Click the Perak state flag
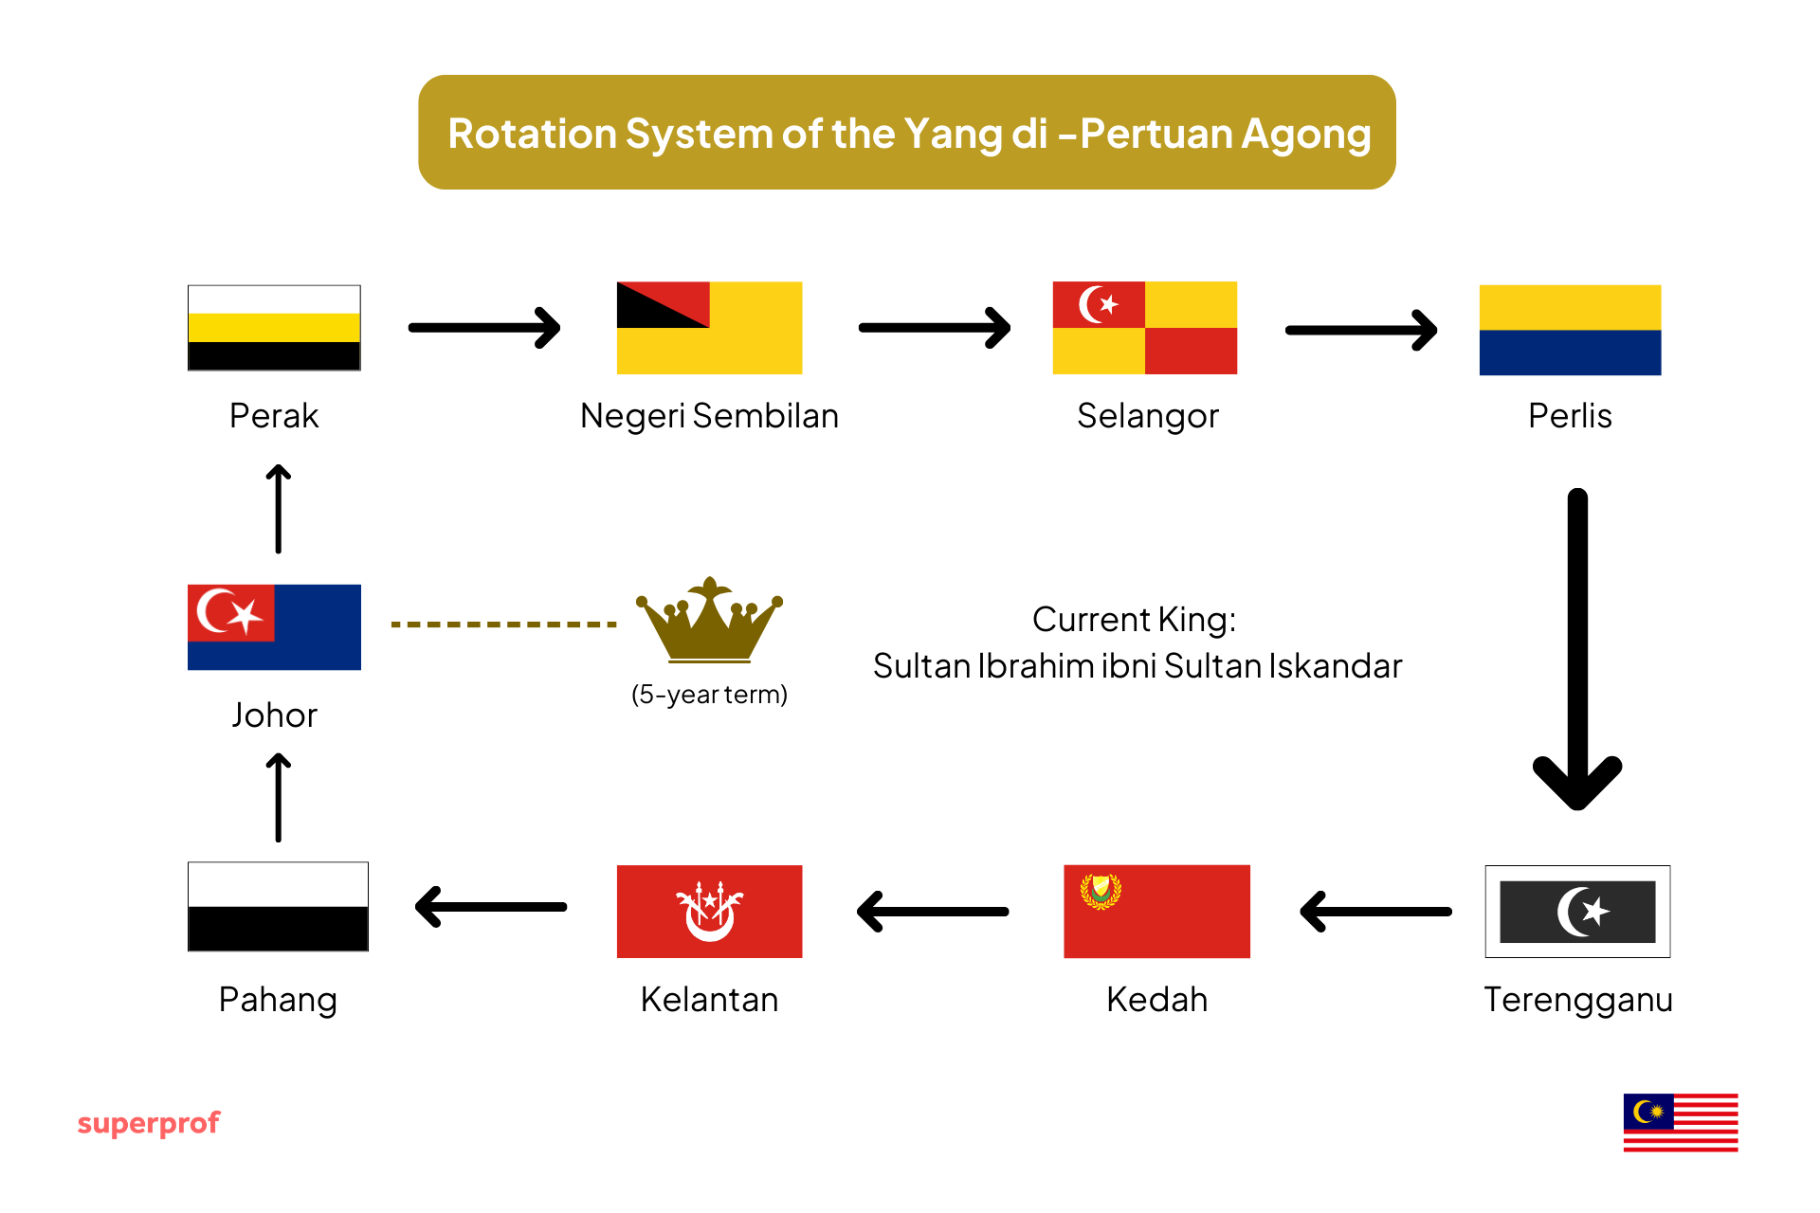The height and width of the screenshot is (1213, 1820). pos(274,328)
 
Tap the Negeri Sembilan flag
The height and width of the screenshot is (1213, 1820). pos(709,328)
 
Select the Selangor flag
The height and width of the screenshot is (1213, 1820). pos(1144,328)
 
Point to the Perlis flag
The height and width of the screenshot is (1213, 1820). pos(1570,330)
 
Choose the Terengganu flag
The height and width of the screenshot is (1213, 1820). pos(1577,912)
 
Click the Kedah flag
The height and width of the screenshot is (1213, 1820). pos(1156,912)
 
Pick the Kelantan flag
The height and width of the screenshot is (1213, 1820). pos(709,912)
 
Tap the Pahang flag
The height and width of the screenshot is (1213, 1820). pos(278,907)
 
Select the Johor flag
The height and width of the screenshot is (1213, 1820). pos(274,627)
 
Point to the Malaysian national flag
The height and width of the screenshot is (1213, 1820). pos(1680,1123)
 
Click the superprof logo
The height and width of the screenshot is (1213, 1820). pos(149,1124)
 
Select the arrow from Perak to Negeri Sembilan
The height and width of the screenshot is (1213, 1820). pos(484,328)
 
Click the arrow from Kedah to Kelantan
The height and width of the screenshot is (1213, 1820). pos(933,912)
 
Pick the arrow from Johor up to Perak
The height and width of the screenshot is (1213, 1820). pos(278,509)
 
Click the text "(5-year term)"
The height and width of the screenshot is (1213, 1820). pos(709,695)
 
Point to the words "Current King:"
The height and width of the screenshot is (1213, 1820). pos(1134,620)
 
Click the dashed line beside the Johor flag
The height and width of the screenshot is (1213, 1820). pos(503,625)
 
